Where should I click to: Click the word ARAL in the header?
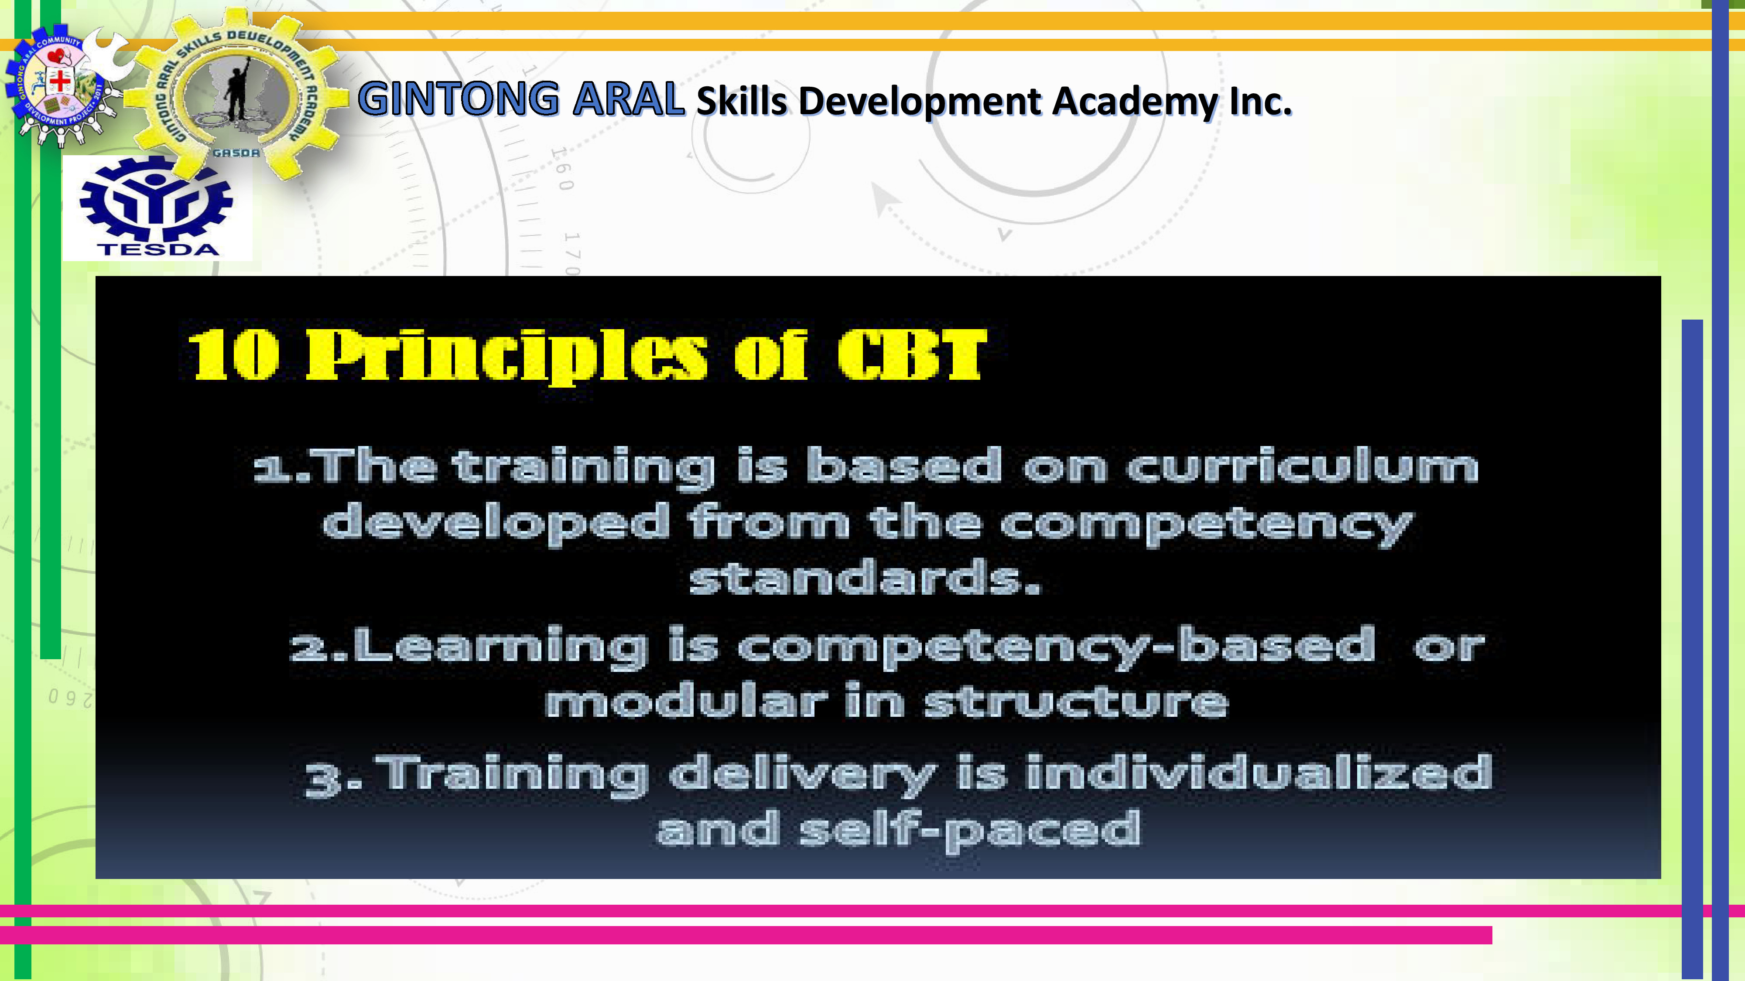(628, 99)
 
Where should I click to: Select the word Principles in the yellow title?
(506, 355)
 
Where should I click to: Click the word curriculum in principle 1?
(1302, 467)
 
